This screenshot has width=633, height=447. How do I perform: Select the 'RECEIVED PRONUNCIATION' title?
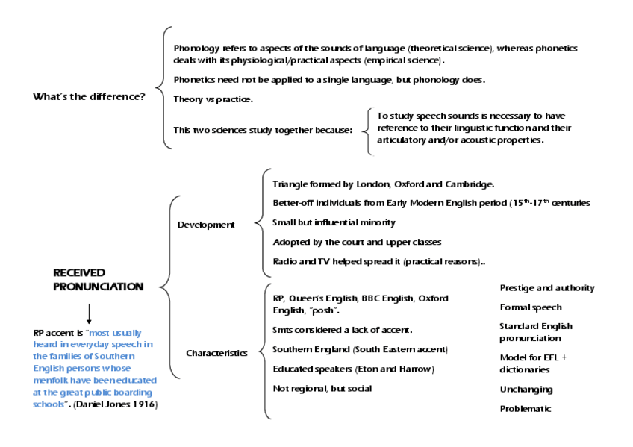click(89, 279)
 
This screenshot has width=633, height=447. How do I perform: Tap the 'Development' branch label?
click(206, 224)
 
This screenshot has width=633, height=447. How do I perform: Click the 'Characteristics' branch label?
click(216, 353)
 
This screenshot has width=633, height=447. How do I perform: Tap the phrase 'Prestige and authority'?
click(546, 288)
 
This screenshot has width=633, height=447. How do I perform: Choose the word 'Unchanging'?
click(526, 389)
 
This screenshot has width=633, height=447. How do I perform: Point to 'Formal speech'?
click(530, 307)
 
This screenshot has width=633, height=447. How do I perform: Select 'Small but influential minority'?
click(334, 222)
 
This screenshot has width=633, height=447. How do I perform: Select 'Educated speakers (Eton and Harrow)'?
click(353, 369)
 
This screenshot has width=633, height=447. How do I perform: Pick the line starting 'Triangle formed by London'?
click(384, 183)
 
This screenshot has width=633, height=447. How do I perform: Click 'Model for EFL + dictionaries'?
click(532, 363)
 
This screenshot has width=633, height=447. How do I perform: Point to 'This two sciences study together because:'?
click(263, 130)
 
